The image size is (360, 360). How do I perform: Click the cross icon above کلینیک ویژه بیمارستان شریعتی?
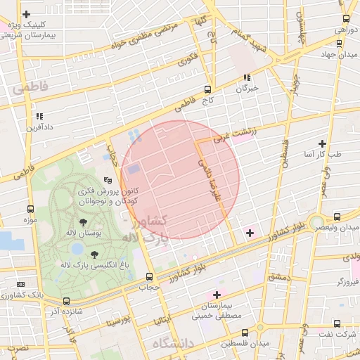27,14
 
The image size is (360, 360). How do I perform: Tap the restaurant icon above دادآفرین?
39,116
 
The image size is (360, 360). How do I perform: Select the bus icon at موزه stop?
30,209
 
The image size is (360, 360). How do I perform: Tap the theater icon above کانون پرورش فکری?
107,181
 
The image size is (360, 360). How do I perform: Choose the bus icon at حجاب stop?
148,277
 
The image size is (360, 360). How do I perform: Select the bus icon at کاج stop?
207,89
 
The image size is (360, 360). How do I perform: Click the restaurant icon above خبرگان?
247,78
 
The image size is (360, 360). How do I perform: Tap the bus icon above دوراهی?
345,19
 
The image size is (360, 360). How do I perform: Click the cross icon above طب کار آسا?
322,143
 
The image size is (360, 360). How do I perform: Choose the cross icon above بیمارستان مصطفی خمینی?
217,295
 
